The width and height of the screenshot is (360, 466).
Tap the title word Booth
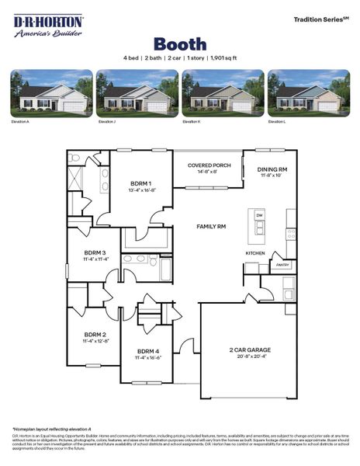(179, 43)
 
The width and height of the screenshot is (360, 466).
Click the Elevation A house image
(51, 94)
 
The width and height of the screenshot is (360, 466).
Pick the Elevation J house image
(137, 94)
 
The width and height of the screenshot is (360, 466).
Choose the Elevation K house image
(222, 94)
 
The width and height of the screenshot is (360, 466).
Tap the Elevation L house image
(308, 94)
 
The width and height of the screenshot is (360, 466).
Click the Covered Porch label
(209, 165)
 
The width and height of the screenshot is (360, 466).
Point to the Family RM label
(211, 226)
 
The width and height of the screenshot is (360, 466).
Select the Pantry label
(282, 265)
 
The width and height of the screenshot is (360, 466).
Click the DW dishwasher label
(260, 214)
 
